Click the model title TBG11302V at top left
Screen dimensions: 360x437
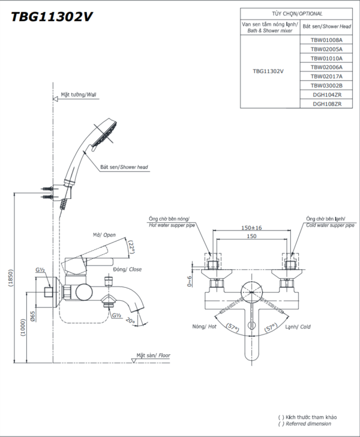point(52,17)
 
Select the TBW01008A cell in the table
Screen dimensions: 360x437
point(326,40)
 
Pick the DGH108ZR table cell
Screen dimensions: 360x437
point(326,104)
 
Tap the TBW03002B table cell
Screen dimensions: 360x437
point(326,86)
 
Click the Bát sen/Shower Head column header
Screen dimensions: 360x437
point(326,26)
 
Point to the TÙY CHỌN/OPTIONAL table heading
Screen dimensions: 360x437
point(297,14)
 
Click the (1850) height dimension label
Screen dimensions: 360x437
point(11,278)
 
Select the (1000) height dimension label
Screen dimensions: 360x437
point(23,327)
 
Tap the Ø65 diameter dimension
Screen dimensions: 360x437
point(32,317)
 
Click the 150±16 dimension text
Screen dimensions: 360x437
point(251,228)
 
